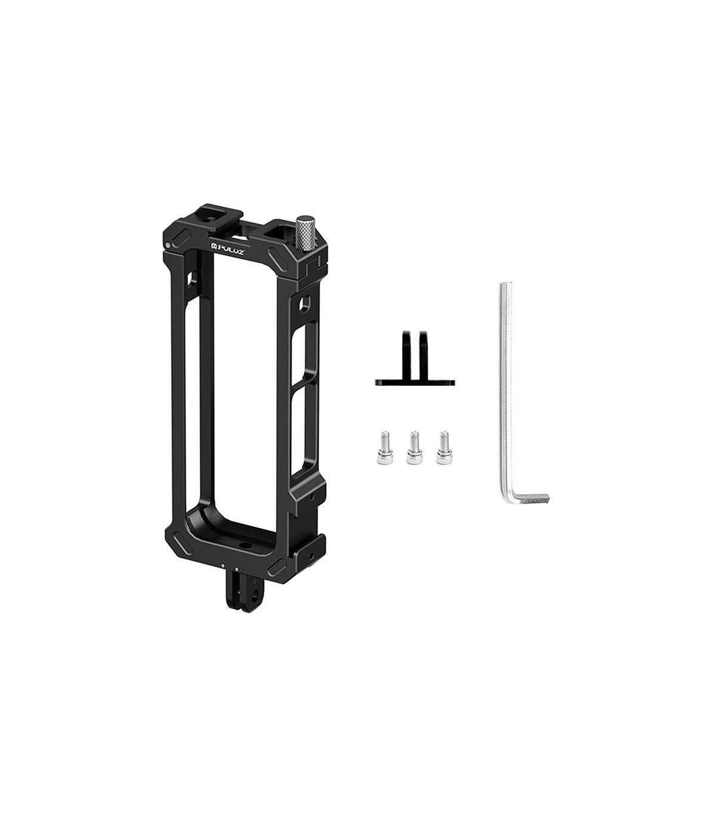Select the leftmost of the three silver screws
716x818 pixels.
tap(384, 447)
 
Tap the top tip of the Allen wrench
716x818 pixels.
tap(505, 283)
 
